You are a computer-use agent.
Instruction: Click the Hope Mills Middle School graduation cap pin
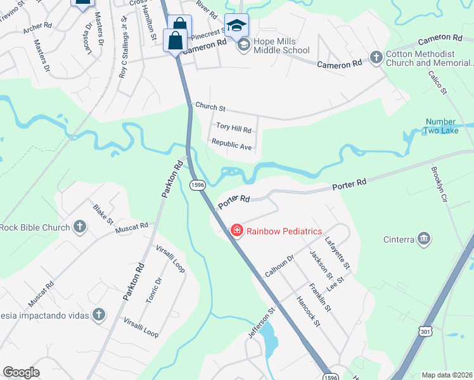pos(236,26)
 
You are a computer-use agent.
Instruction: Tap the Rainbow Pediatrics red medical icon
pos(237,231)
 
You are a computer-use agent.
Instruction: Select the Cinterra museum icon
pos(424,239)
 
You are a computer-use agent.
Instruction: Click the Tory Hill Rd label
pos(234,129)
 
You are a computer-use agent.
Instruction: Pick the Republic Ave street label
pos(231,145)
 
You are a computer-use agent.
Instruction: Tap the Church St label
pos(210,106)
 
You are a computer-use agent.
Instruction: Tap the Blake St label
pos(103,214)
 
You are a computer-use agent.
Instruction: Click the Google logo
pos(21,372)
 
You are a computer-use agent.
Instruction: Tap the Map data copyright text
pos(446,375)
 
